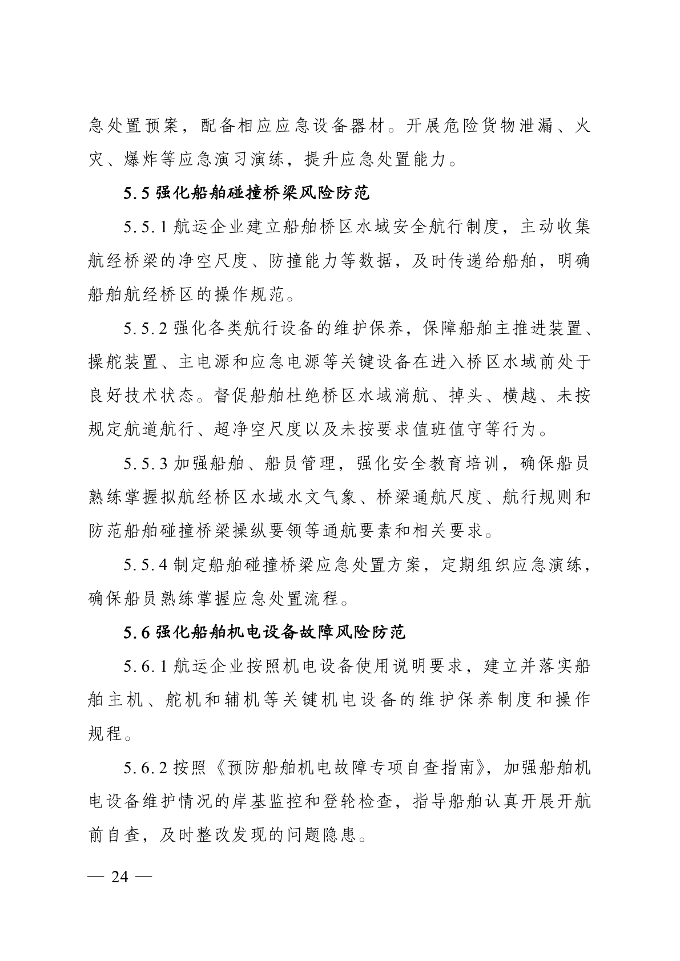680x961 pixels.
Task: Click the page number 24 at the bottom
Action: click(x=120, y=877)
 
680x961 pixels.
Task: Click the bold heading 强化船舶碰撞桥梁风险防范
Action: click(x=263, y=193)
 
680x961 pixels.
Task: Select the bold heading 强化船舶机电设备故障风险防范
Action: click(x=280, y=632)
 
